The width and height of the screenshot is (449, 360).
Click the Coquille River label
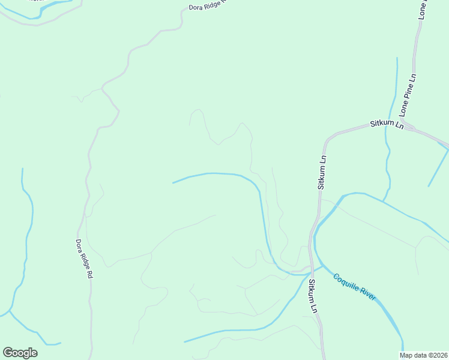tap(355, 287)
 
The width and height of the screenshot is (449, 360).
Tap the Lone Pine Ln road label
tap(408, 95)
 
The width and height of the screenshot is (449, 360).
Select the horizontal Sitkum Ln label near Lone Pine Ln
tap(385, 123)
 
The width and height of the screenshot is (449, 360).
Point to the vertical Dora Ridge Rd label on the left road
tap(84, 259)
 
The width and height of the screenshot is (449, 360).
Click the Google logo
tap(20, 353)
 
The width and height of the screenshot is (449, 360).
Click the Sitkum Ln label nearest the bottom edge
tap(313, 296)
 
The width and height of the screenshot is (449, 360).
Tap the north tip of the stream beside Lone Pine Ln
tap(397, 58)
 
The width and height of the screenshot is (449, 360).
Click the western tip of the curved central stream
tap(173, 182)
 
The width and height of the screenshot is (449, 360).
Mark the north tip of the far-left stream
tap(23, 169)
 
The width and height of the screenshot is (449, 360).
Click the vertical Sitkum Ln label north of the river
tap(322, 172)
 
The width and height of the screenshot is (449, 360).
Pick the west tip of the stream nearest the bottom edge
tap(184, 341)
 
